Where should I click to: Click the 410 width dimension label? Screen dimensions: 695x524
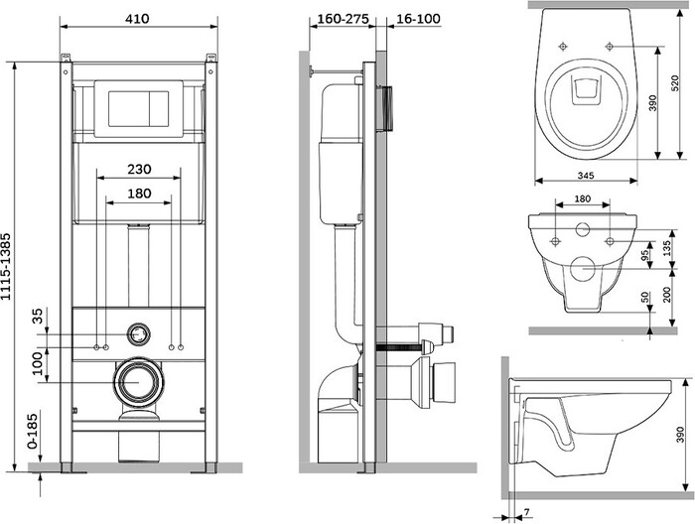(x=137, y=19)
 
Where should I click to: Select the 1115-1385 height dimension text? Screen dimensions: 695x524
(x=6, y=266)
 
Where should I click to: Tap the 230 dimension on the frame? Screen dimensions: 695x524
(x=139, y=169)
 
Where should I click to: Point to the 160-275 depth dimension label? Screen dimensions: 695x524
(x=344, y=19)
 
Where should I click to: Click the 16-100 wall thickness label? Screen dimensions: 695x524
(x=418, y=19)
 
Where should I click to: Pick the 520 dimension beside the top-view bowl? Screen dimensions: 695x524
(x=674, y=83)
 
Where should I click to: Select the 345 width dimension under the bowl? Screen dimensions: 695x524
(x=586, y=176)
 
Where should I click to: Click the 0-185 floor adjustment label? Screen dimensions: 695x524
(x=33, y=430)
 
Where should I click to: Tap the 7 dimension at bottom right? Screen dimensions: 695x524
(x=526, y=512)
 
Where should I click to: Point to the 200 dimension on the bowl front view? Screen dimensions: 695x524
(x=667, y=294)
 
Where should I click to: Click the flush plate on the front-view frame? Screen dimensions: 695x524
(x=139, y=109)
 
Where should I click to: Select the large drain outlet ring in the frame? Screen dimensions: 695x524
(x=139, y=381)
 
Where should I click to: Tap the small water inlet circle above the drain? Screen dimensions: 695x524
(x=139, y=334)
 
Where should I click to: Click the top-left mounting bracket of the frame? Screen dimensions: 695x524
(x=66, y=58)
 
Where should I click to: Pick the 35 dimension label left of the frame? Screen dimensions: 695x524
(x=38, y=316)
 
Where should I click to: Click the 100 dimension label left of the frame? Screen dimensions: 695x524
(x=38, y=363)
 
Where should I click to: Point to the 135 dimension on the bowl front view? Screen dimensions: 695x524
(x=667, y=248)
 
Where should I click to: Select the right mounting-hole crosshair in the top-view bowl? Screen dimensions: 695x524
(x=610, y=46)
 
